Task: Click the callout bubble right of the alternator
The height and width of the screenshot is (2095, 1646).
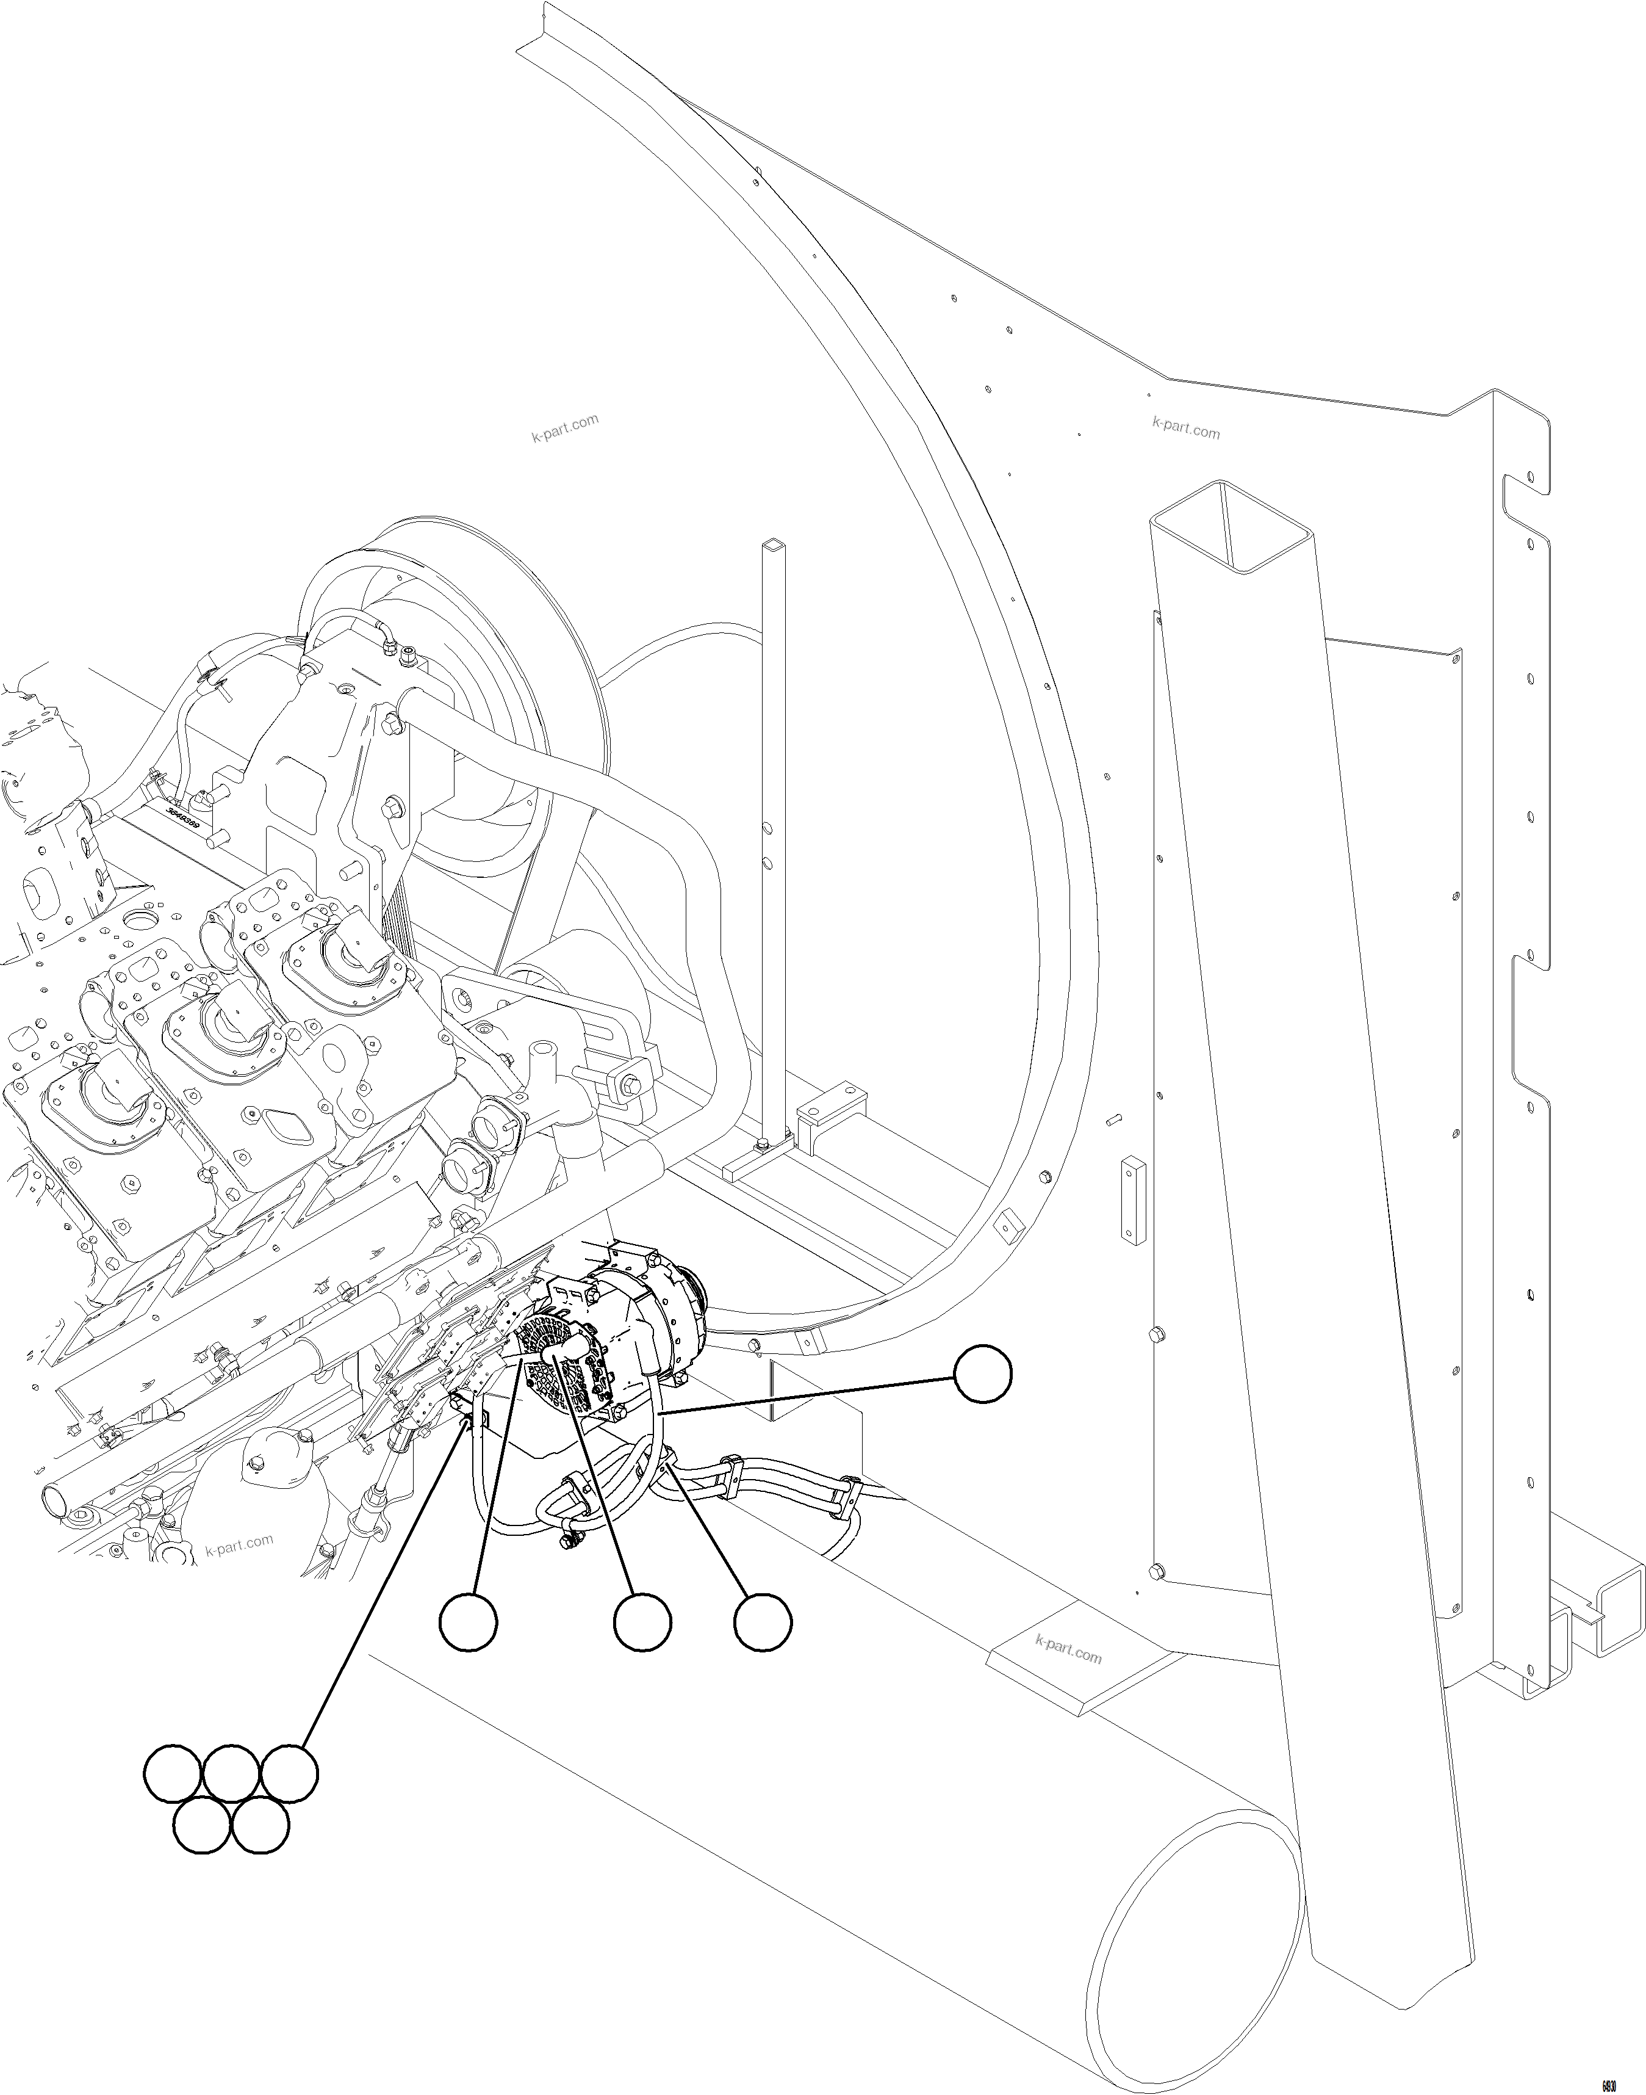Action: point(983,1376)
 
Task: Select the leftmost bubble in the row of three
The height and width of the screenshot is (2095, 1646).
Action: point(469,1624)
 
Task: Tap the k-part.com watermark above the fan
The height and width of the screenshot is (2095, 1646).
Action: point(565,427)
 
